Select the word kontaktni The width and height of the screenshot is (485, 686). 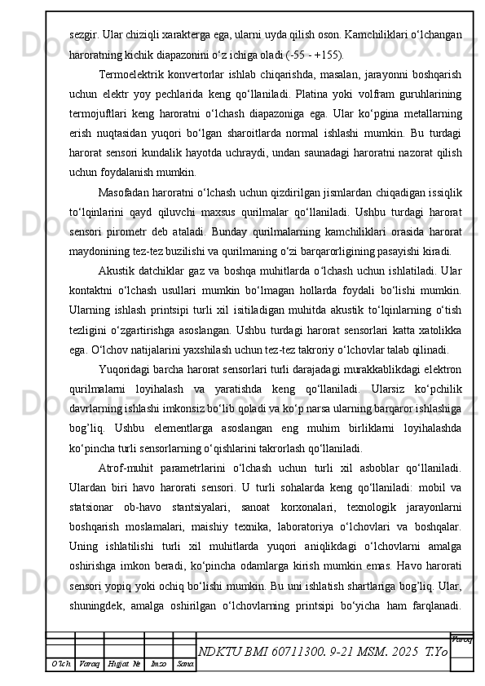(x=94, y=288)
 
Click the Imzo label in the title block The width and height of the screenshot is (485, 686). (x=159, y=665)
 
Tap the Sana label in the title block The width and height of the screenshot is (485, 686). (x=185, y=665)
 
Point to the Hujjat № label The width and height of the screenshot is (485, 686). (x=121, y=665)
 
